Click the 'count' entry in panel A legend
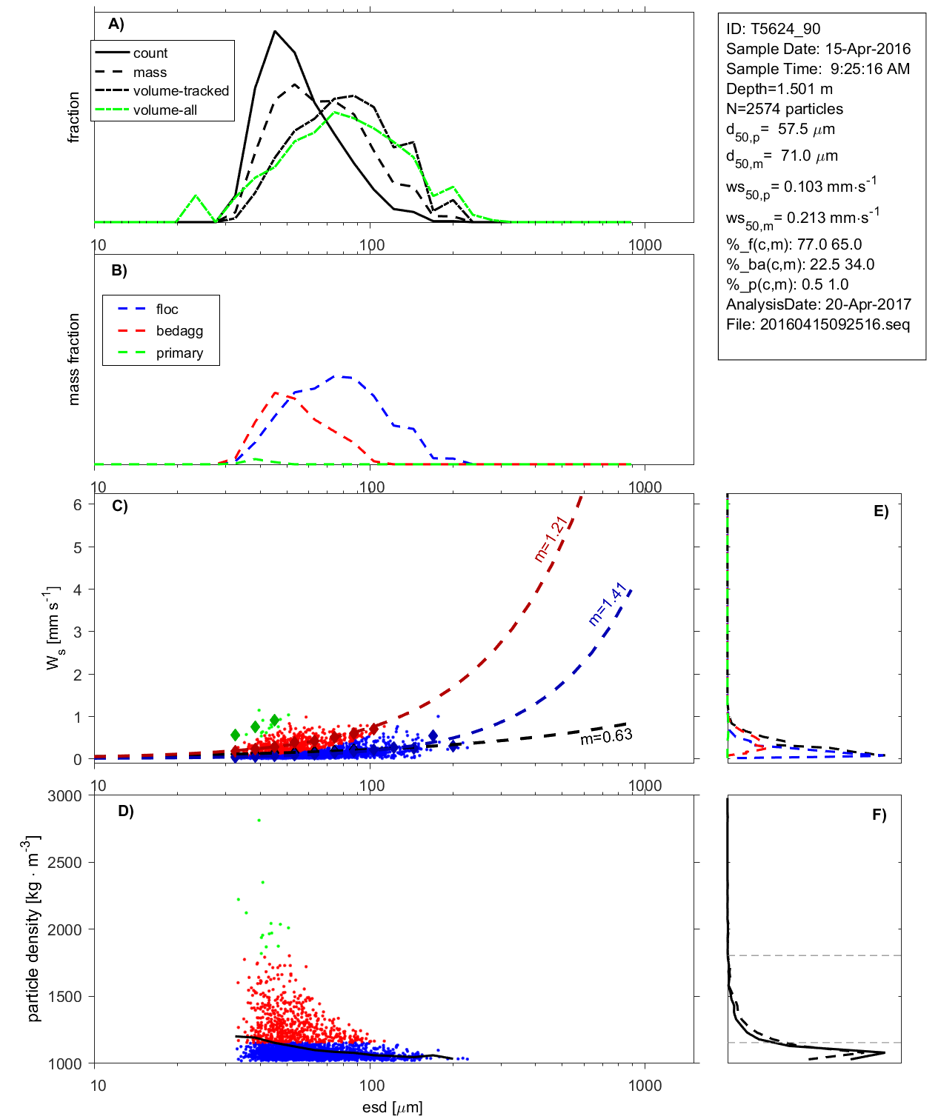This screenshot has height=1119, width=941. coord(150,53)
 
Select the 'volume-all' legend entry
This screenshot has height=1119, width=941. coord(164,110)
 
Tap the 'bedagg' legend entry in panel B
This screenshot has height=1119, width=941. coord(179,331)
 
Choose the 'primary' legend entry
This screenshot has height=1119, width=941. coord(179,353)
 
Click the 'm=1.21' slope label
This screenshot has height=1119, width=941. coord(551,538)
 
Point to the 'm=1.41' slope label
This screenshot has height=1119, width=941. coord(608,605)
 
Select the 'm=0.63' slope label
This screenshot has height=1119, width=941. coord(606,736)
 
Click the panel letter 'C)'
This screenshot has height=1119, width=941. coord(119,507)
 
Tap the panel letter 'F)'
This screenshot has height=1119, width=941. coord(879,815)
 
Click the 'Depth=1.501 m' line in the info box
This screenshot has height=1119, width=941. coord(779,89)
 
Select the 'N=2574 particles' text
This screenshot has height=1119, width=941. coord(785,109)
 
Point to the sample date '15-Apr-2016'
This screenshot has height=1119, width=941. coord(868,49)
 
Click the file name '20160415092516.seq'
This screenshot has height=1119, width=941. coord(835,324)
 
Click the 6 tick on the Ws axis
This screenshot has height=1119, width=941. coord(77,504)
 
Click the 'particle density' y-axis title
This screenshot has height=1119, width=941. coord(33,929)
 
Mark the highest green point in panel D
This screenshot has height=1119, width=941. coord(259,820)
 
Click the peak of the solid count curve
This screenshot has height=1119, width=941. coord(275,31)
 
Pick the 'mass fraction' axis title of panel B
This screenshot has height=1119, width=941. coord(74,359)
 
